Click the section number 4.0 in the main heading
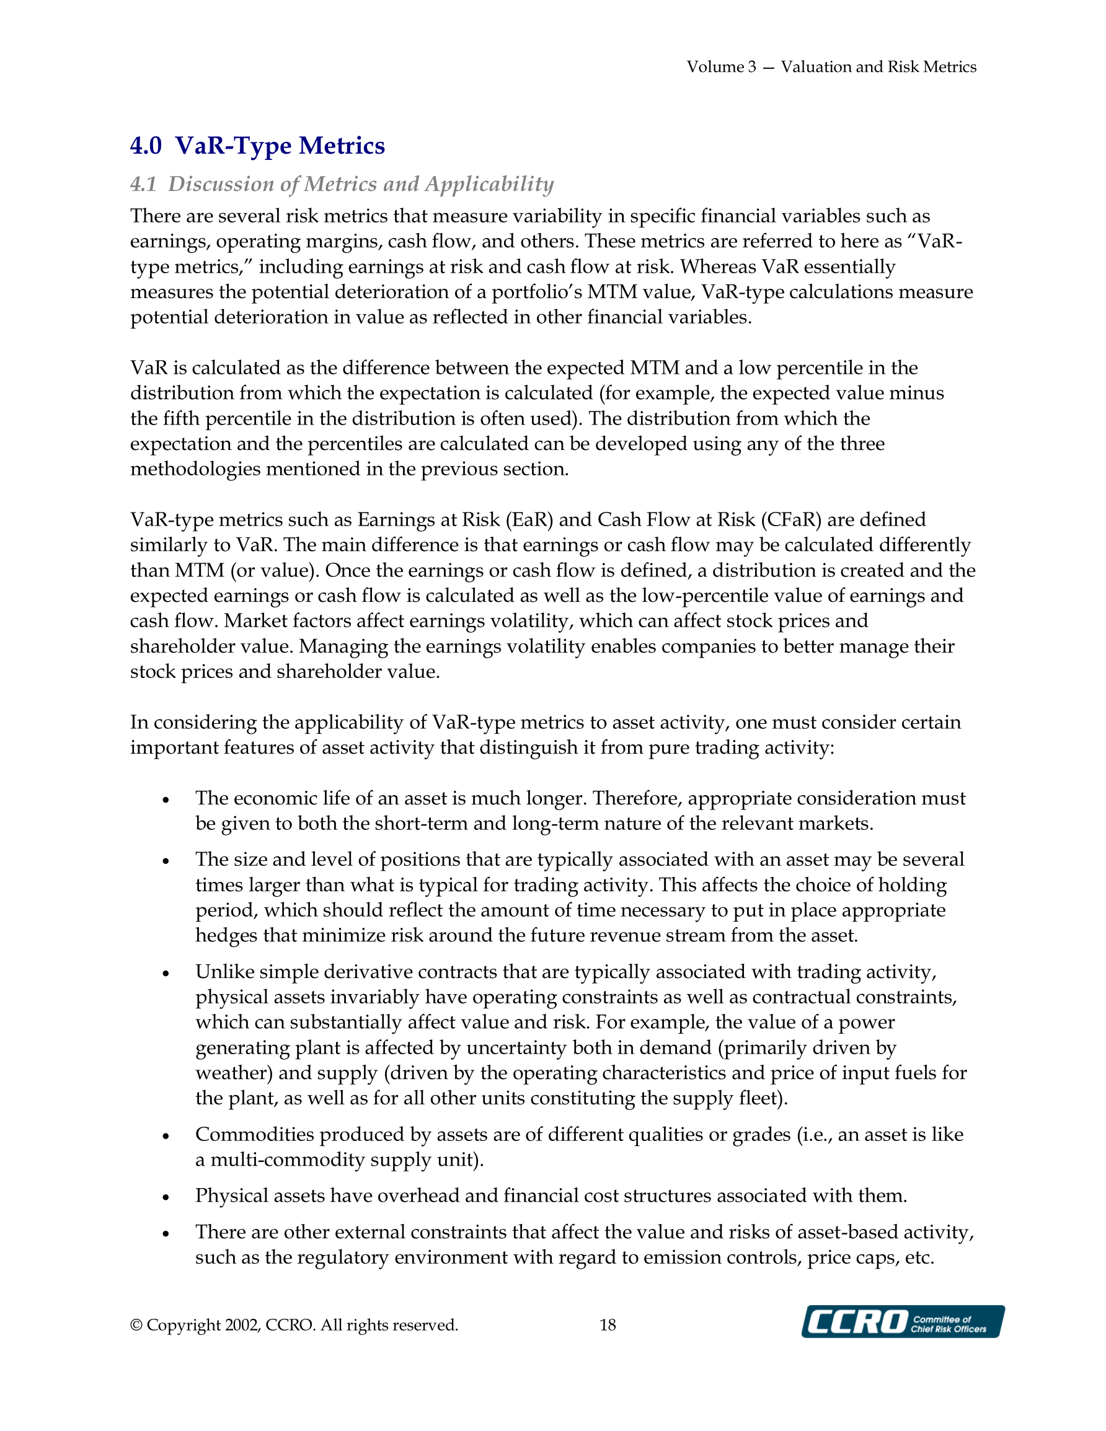coord(146,146)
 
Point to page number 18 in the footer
coord(608,1325)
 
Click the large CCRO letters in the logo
coord(856,1322)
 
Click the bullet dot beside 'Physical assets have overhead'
coord(166,1197)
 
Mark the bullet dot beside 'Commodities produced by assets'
coord(166,1136)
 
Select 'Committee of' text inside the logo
coord(942,1319)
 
